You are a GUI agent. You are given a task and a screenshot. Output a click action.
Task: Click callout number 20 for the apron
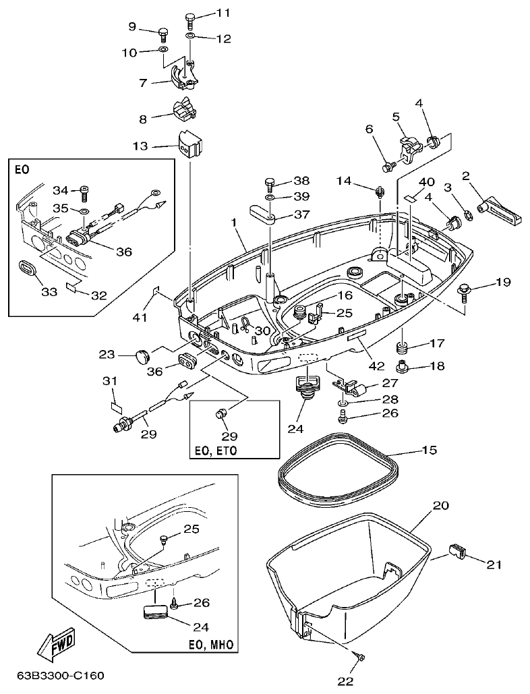point(440,505)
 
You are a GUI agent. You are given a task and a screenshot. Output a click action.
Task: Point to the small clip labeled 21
point(457,550)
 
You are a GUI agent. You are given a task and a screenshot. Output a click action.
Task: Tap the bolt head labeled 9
point(163,31)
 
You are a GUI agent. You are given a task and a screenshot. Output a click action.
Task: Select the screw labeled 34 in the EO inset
point(84,192)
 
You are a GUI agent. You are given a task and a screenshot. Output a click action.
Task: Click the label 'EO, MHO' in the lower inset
point(212,645)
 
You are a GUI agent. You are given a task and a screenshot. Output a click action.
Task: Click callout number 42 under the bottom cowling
point(376,366)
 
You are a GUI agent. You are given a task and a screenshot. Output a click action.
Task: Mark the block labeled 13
point(189,145)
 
